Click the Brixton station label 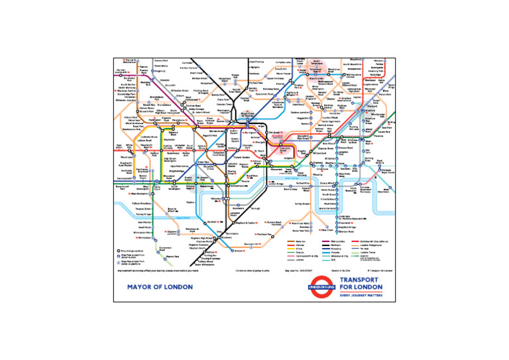tap(239, 251)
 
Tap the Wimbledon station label tap(146, 237)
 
